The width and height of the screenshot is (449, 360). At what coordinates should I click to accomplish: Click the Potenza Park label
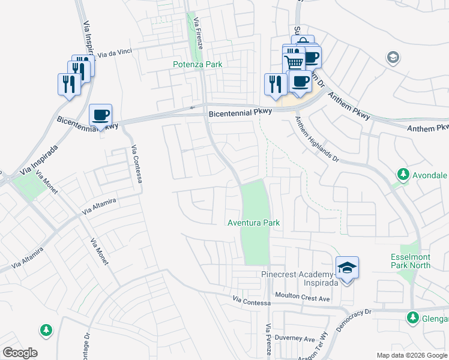coord(197,64)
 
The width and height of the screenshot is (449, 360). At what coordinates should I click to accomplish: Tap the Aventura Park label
coord(254,223)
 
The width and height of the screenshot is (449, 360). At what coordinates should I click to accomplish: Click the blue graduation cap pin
coord(348,268)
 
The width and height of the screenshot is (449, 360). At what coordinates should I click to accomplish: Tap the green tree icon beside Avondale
coord(403,175)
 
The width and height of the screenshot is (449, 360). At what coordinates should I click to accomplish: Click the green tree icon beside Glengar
coord(412,317)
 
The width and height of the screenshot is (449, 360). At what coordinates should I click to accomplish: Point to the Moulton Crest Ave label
coord(303,298)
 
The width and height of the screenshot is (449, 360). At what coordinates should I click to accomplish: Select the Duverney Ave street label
coord(297,339)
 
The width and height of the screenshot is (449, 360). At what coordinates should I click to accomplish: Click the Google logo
coord(20,353)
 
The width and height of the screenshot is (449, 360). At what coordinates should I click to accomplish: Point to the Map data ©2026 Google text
coord(412,355)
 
